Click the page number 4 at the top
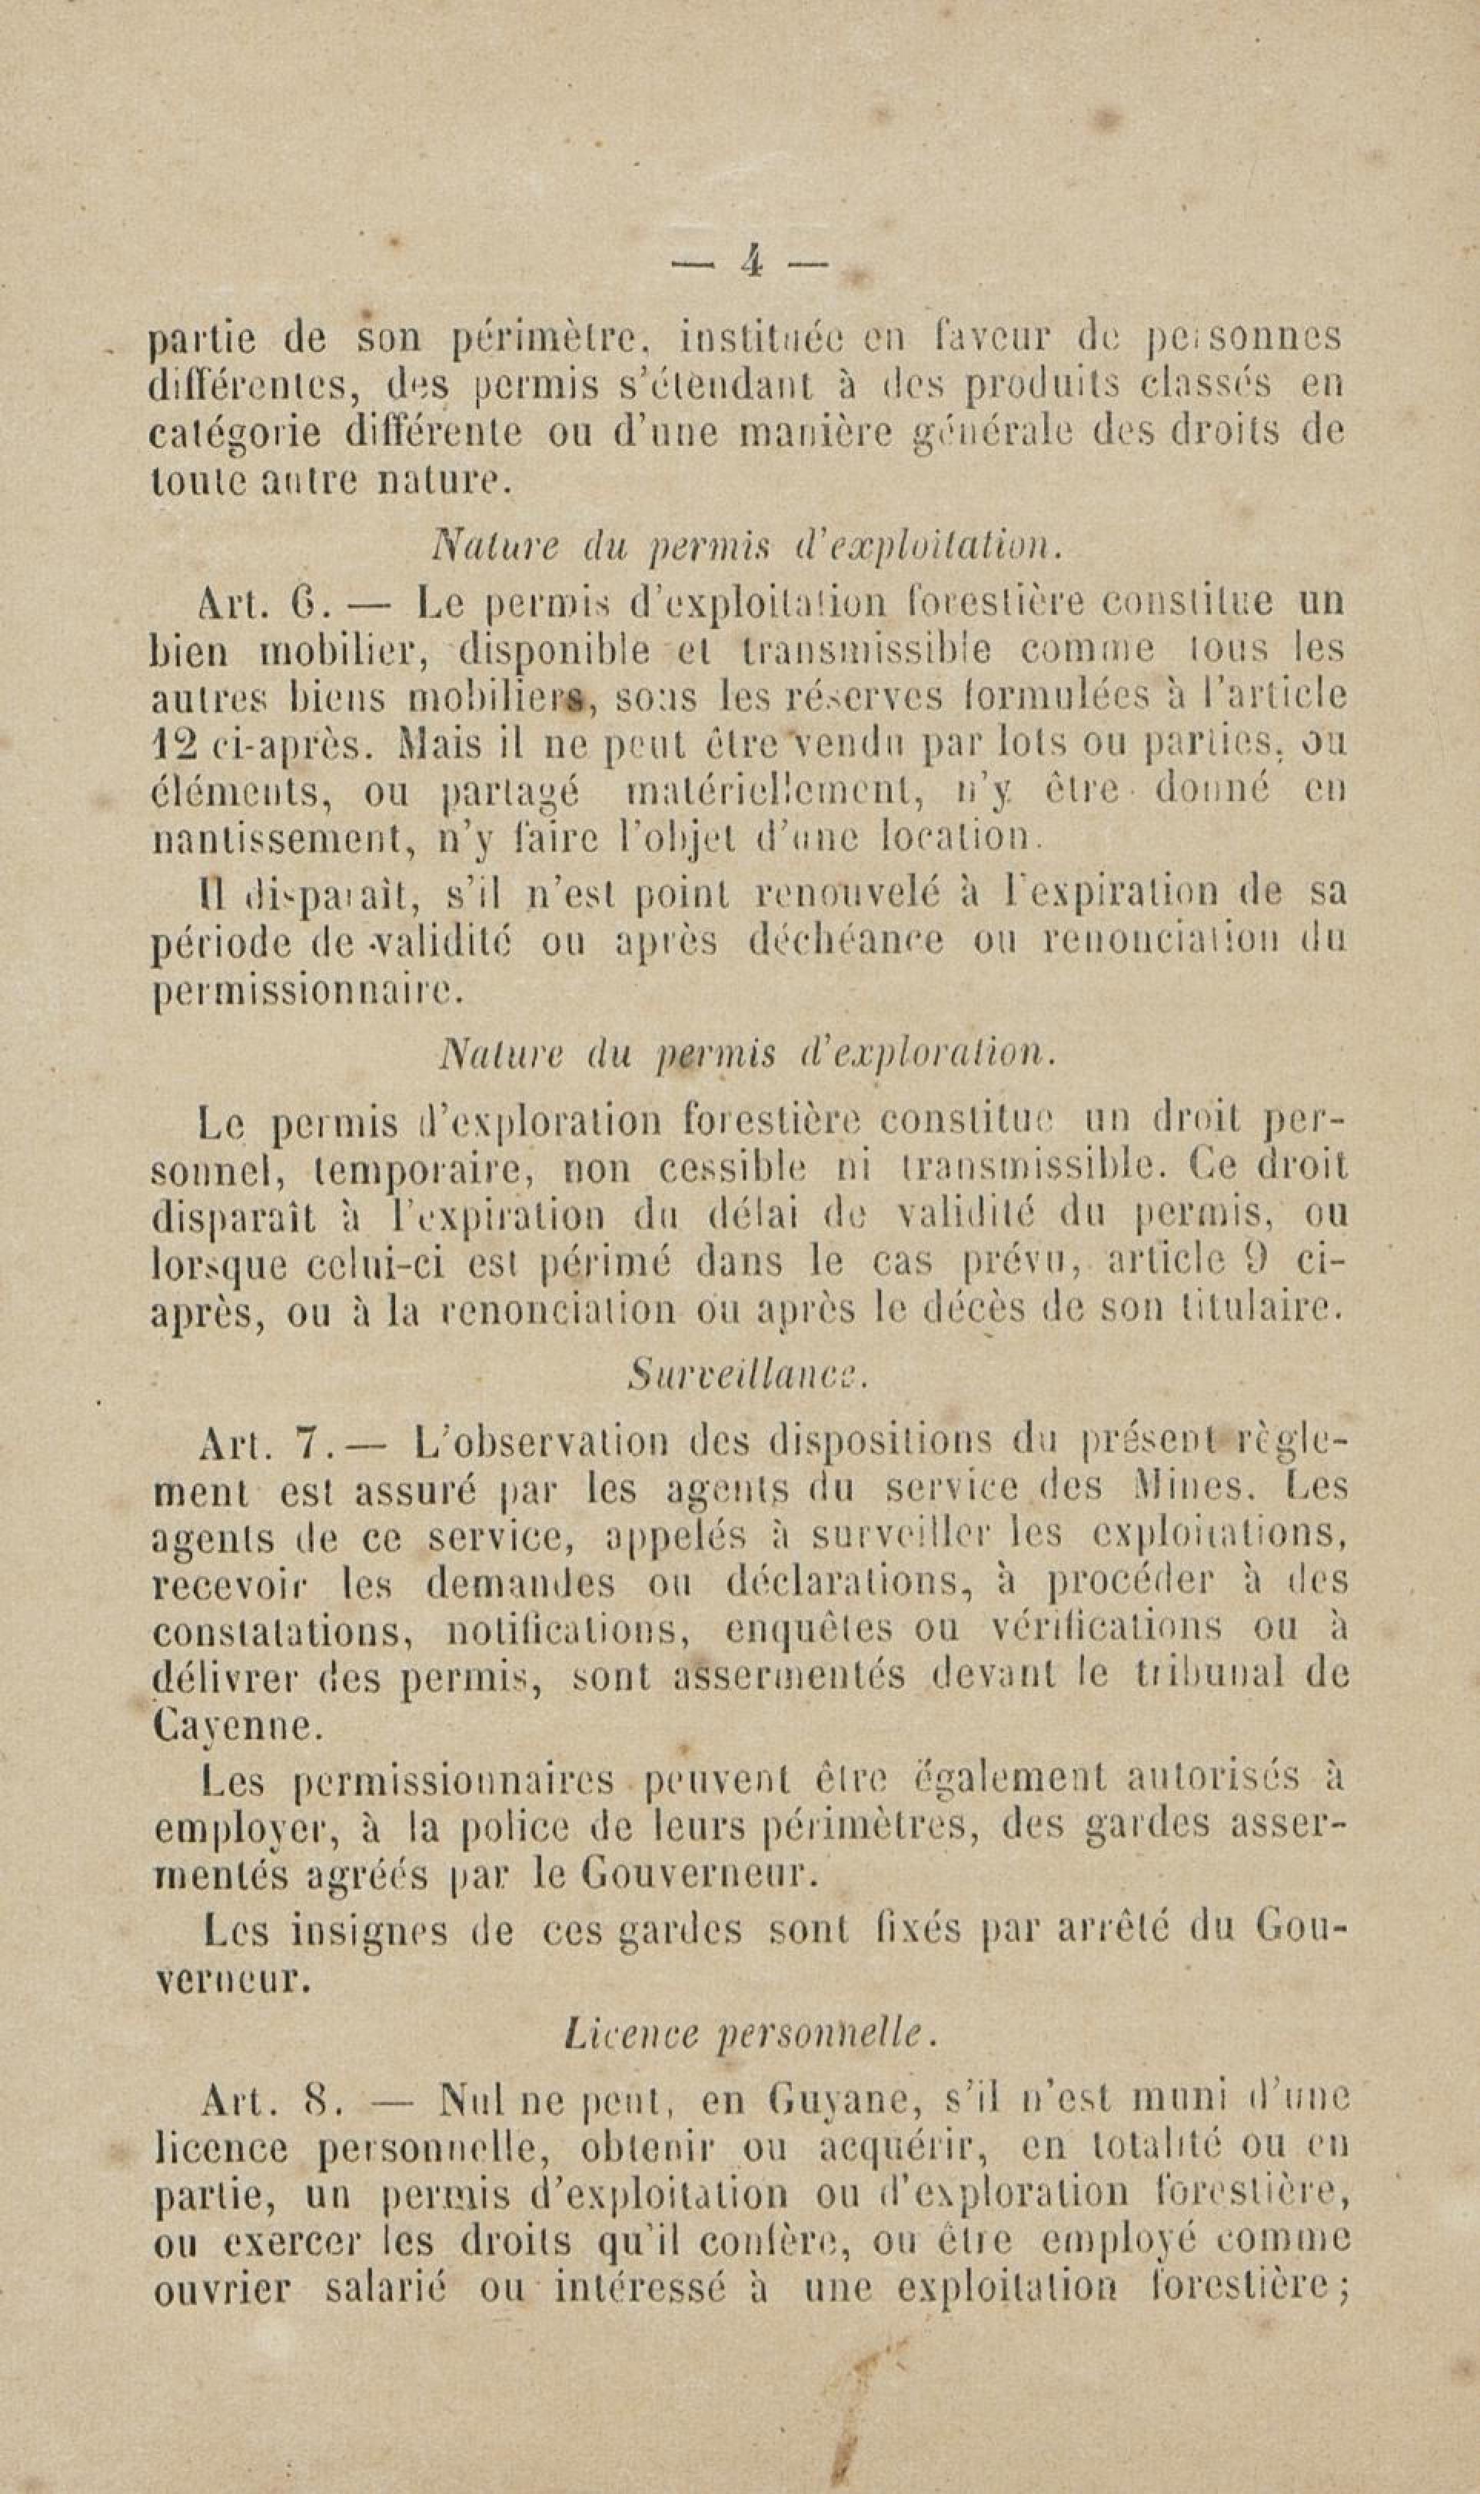752,262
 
